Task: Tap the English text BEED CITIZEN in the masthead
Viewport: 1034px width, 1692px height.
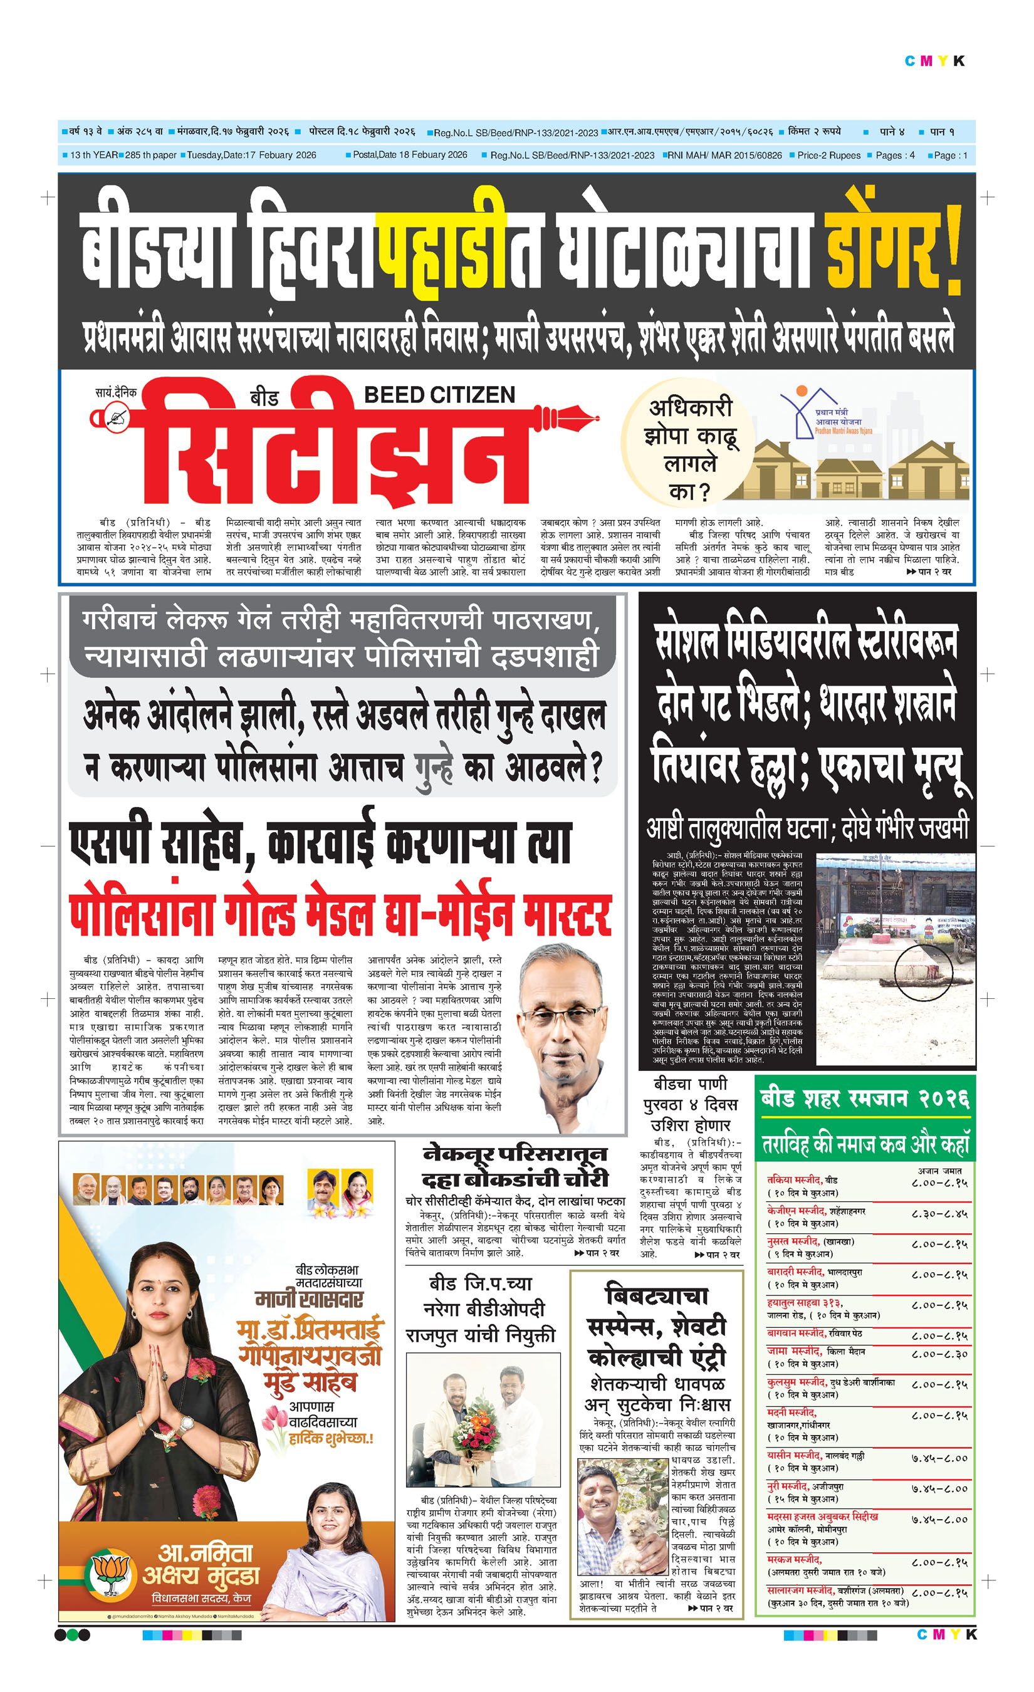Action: [439, 395]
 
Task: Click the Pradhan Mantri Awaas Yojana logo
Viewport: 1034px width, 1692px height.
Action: [824, 412]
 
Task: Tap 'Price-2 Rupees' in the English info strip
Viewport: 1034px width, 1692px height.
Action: [828, 155]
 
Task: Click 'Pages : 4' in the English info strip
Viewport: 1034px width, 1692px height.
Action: [895, 155]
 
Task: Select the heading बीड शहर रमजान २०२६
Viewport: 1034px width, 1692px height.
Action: [864, 1099]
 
